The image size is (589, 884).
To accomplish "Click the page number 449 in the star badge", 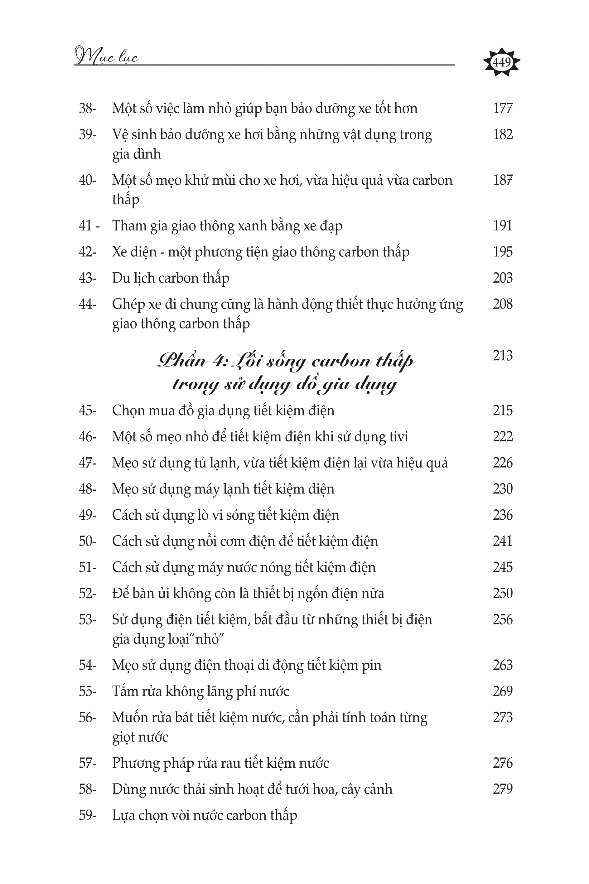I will point(501,62).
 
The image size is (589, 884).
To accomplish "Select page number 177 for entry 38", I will point(503,108).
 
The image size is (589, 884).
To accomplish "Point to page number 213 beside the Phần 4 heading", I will point(503,355).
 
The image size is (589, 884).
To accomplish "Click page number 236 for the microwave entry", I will point(503,515).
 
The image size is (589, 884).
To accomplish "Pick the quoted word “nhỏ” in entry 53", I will point(208,639).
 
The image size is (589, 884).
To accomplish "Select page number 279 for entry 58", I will point(503,789).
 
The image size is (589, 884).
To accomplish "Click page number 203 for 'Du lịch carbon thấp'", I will point(503,278).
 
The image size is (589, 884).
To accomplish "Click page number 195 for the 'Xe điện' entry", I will point(503,252).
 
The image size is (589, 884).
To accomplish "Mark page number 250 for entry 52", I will point(503,594).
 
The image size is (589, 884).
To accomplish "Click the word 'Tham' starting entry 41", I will point(129,226).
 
